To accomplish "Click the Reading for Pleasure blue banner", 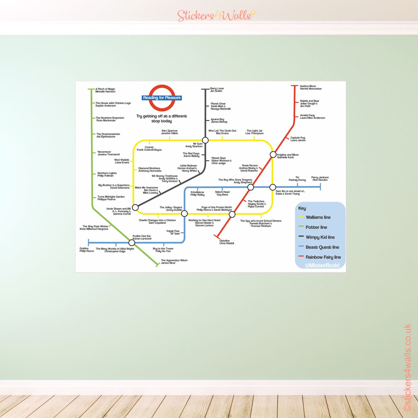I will coord(162,98).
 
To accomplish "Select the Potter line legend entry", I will coord(316,227).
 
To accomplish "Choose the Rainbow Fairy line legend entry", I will coord(323,257).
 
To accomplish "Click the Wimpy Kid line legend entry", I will coord(320,237).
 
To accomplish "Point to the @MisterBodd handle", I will coord(322,265).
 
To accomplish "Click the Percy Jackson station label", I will coord(320,178).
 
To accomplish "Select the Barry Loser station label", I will coord(217,90).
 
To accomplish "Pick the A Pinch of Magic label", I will coord(105,90).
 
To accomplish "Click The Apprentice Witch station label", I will coord(174,261).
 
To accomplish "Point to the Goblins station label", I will coord(87,250).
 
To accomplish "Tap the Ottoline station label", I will coord(226,242).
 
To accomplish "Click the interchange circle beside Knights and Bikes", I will coord(273,155).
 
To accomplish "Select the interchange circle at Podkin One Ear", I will coord(132,242).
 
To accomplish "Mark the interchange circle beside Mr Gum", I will coord(205,140).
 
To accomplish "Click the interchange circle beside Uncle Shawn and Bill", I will coord(135,207).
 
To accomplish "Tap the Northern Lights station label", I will coord(107,174).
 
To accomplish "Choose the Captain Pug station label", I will coord(298,139).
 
